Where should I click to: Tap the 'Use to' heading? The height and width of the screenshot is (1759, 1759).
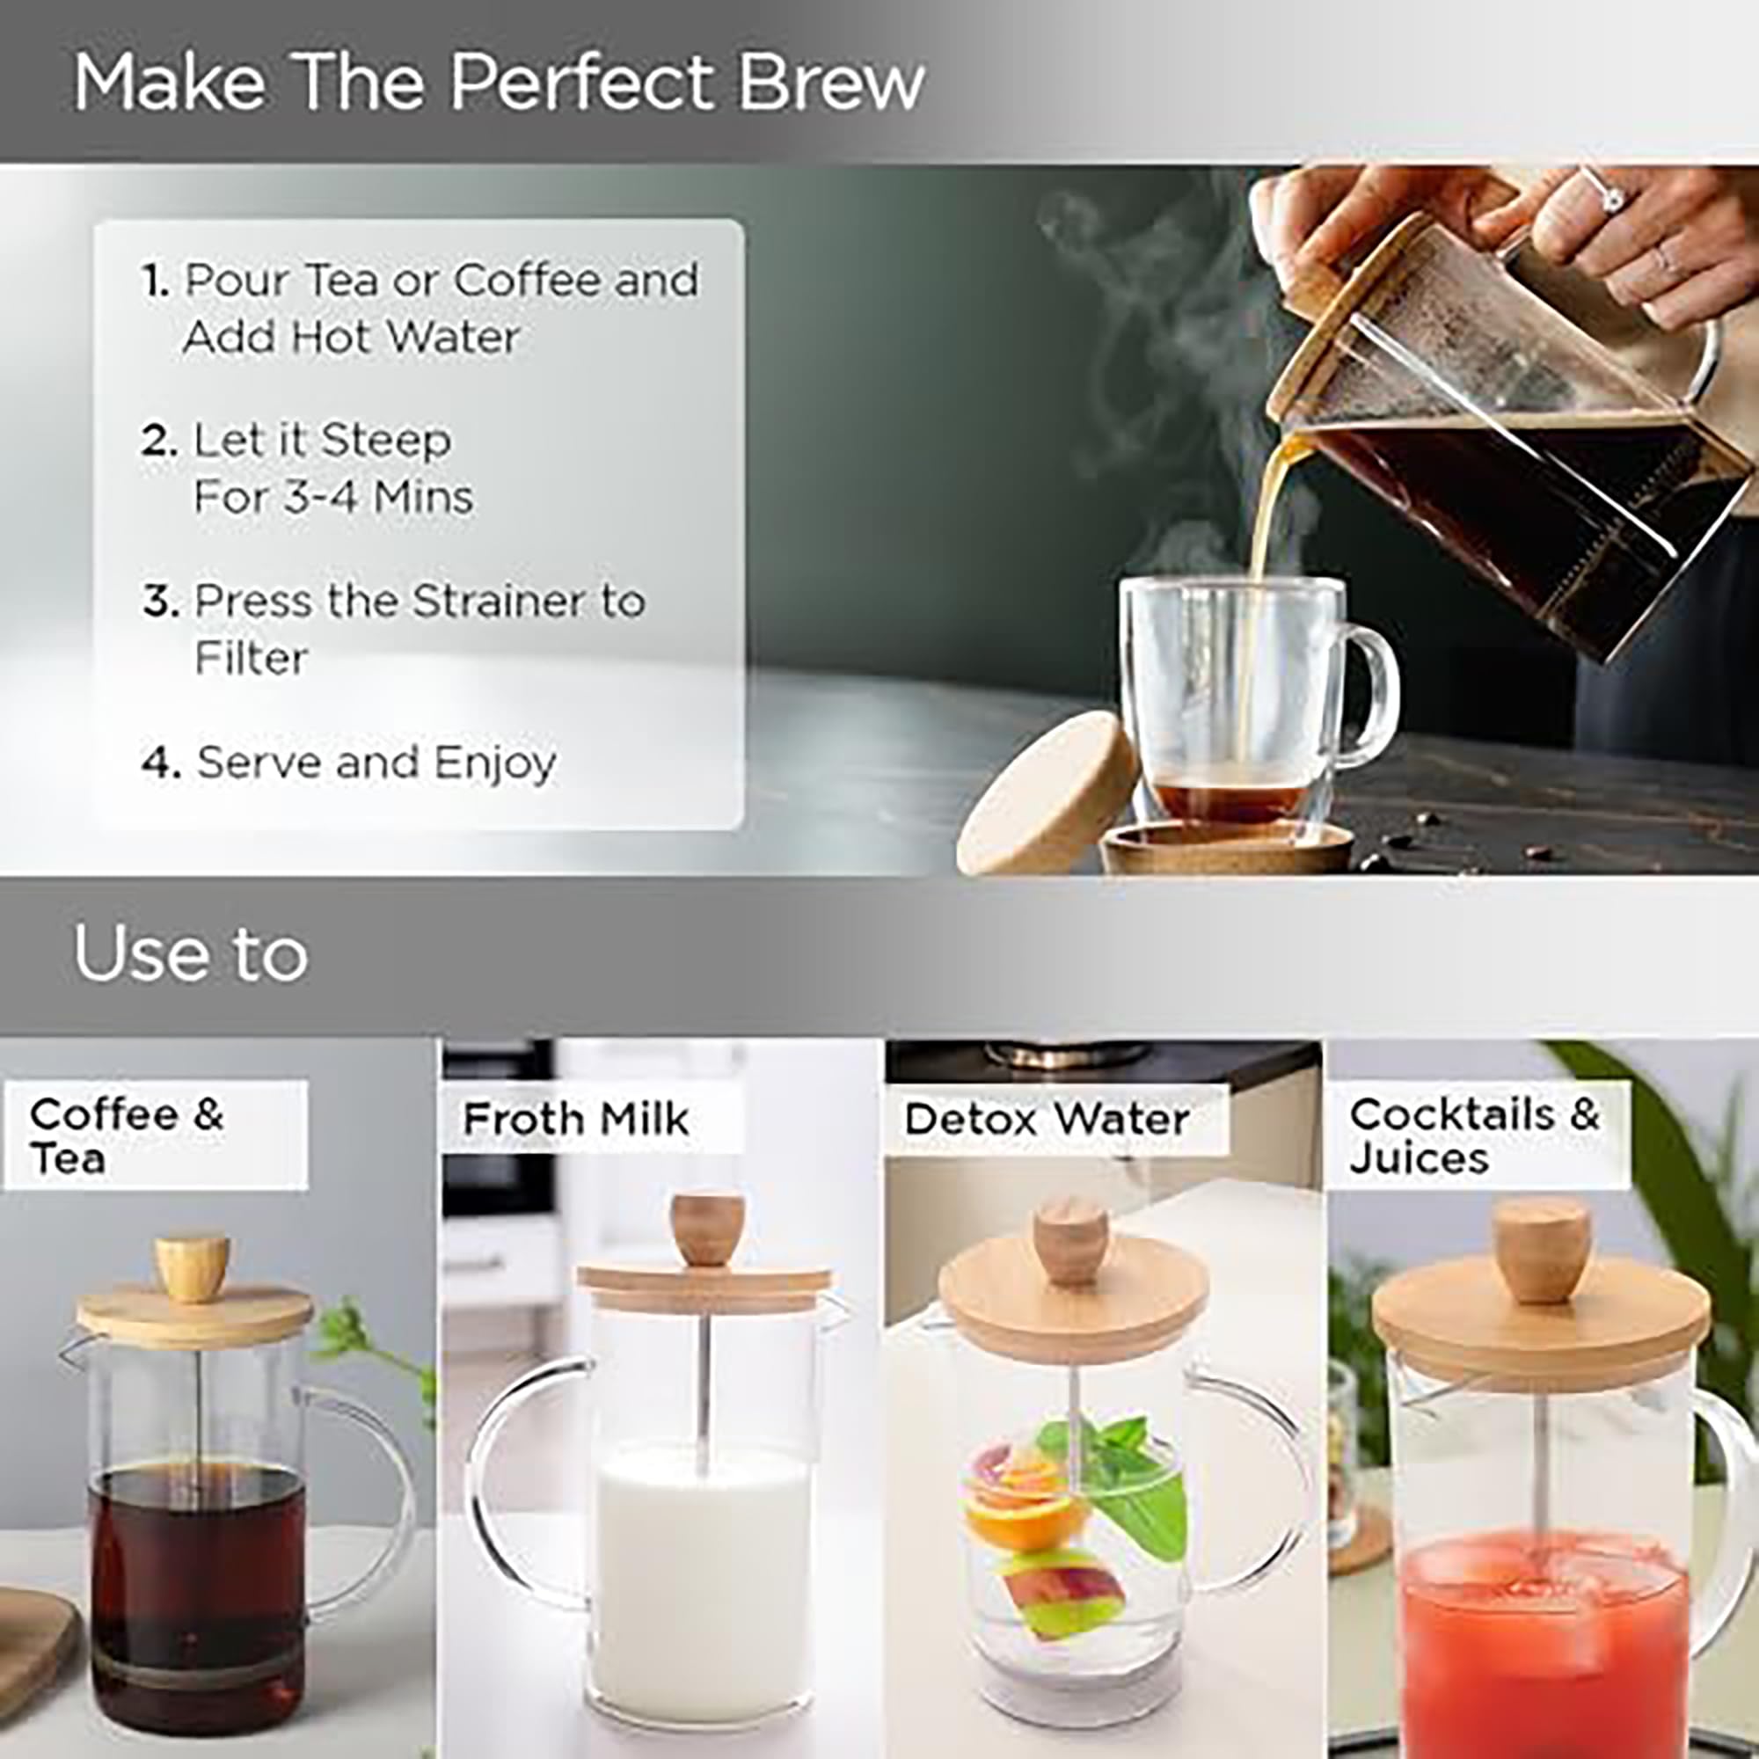pyautogui.click(x=190, y=953)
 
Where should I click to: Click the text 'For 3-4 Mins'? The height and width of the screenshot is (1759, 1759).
pyautogui.click(x=333, y=497)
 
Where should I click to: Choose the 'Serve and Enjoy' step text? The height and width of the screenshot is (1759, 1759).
pyautogui.click(x=376, y=763)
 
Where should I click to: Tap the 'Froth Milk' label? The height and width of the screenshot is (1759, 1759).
pyautogui.click(x=575, y=1119)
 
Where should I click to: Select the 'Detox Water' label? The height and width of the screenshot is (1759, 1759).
pyautogui.click(x=1047, y=1119)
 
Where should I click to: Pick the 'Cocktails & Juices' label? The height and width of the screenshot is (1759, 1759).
pyautogui.click(x=1474, y=1135)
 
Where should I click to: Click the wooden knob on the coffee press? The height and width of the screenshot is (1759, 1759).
pyautogui.click(x=191, y=1262)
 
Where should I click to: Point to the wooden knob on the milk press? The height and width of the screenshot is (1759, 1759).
pyautogui.click(x=706, y=1230)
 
